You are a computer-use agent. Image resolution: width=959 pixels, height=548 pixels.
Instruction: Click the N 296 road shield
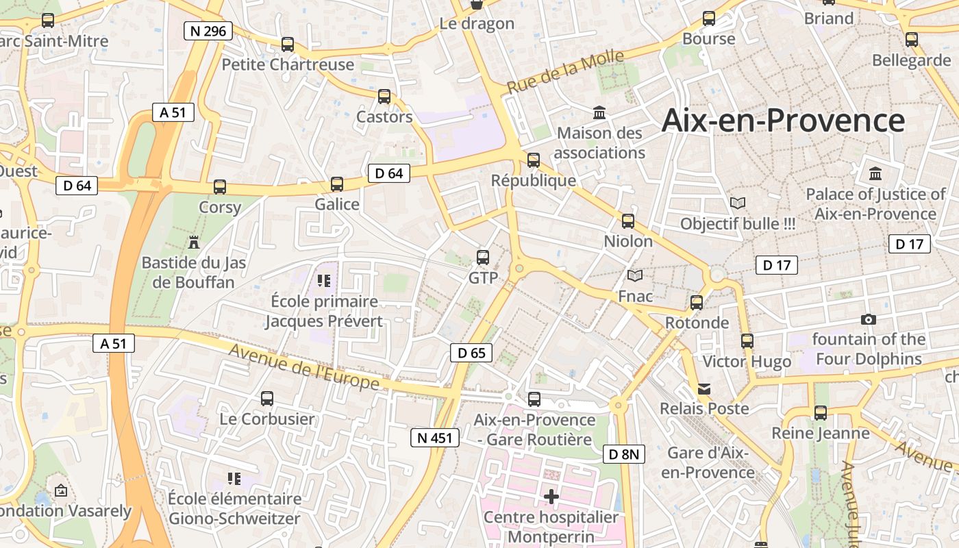[208, 31]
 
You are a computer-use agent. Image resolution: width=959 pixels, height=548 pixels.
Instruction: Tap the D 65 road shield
[471, 353]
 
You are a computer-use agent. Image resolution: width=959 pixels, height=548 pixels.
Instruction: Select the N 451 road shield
[434, 437]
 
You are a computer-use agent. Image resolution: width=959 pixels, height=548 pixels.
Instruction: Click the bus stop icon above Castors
[384, 97]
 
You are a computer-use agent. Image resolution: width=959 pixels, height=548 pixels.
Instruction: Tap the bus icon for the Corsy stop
[220, 187]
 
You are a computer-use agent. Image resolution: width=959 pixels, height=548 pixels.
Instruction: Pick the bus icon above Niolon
[628, 221]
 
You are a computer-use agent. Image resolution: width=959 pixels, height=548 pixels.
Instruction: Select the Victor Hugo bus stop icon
[747, 340]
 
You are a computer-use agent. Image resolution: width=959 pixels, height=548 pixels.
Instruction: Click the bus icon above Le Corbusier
[267, 398]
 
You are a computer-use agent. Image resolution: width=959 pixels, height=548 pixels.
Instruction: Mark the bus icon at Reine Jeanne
[821, 413]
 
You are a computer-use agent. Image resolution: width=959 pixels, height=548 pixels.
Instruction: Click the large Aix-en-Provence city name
[783, 121]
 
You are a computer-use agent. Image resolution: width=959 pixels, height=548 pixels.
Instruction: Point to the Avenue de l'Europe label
[304, 366]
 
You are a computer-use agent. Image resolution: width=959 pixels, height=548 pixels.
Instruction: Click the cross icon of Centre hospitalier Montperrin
[551, 496]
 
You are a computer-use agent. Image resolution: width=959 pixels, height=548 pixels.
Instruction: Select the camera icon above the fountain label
[868, 319]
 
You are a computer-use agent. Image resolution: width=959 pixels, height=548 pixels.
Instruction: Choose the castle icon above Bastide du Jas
[193, 242]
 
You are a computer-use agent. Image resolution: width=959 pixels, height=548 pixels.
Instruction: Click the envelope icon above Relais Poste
[704, 388]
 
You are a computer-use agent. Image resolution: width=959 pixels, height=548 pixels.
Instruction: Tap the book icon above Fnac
[635, 275]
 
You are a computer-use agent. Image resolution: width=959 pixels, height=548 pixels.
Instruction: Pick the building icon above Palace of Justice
[875, 173]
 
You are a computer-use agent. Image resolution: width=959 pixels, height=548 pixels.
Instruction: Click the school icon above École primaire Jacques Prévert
[324, 280]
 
